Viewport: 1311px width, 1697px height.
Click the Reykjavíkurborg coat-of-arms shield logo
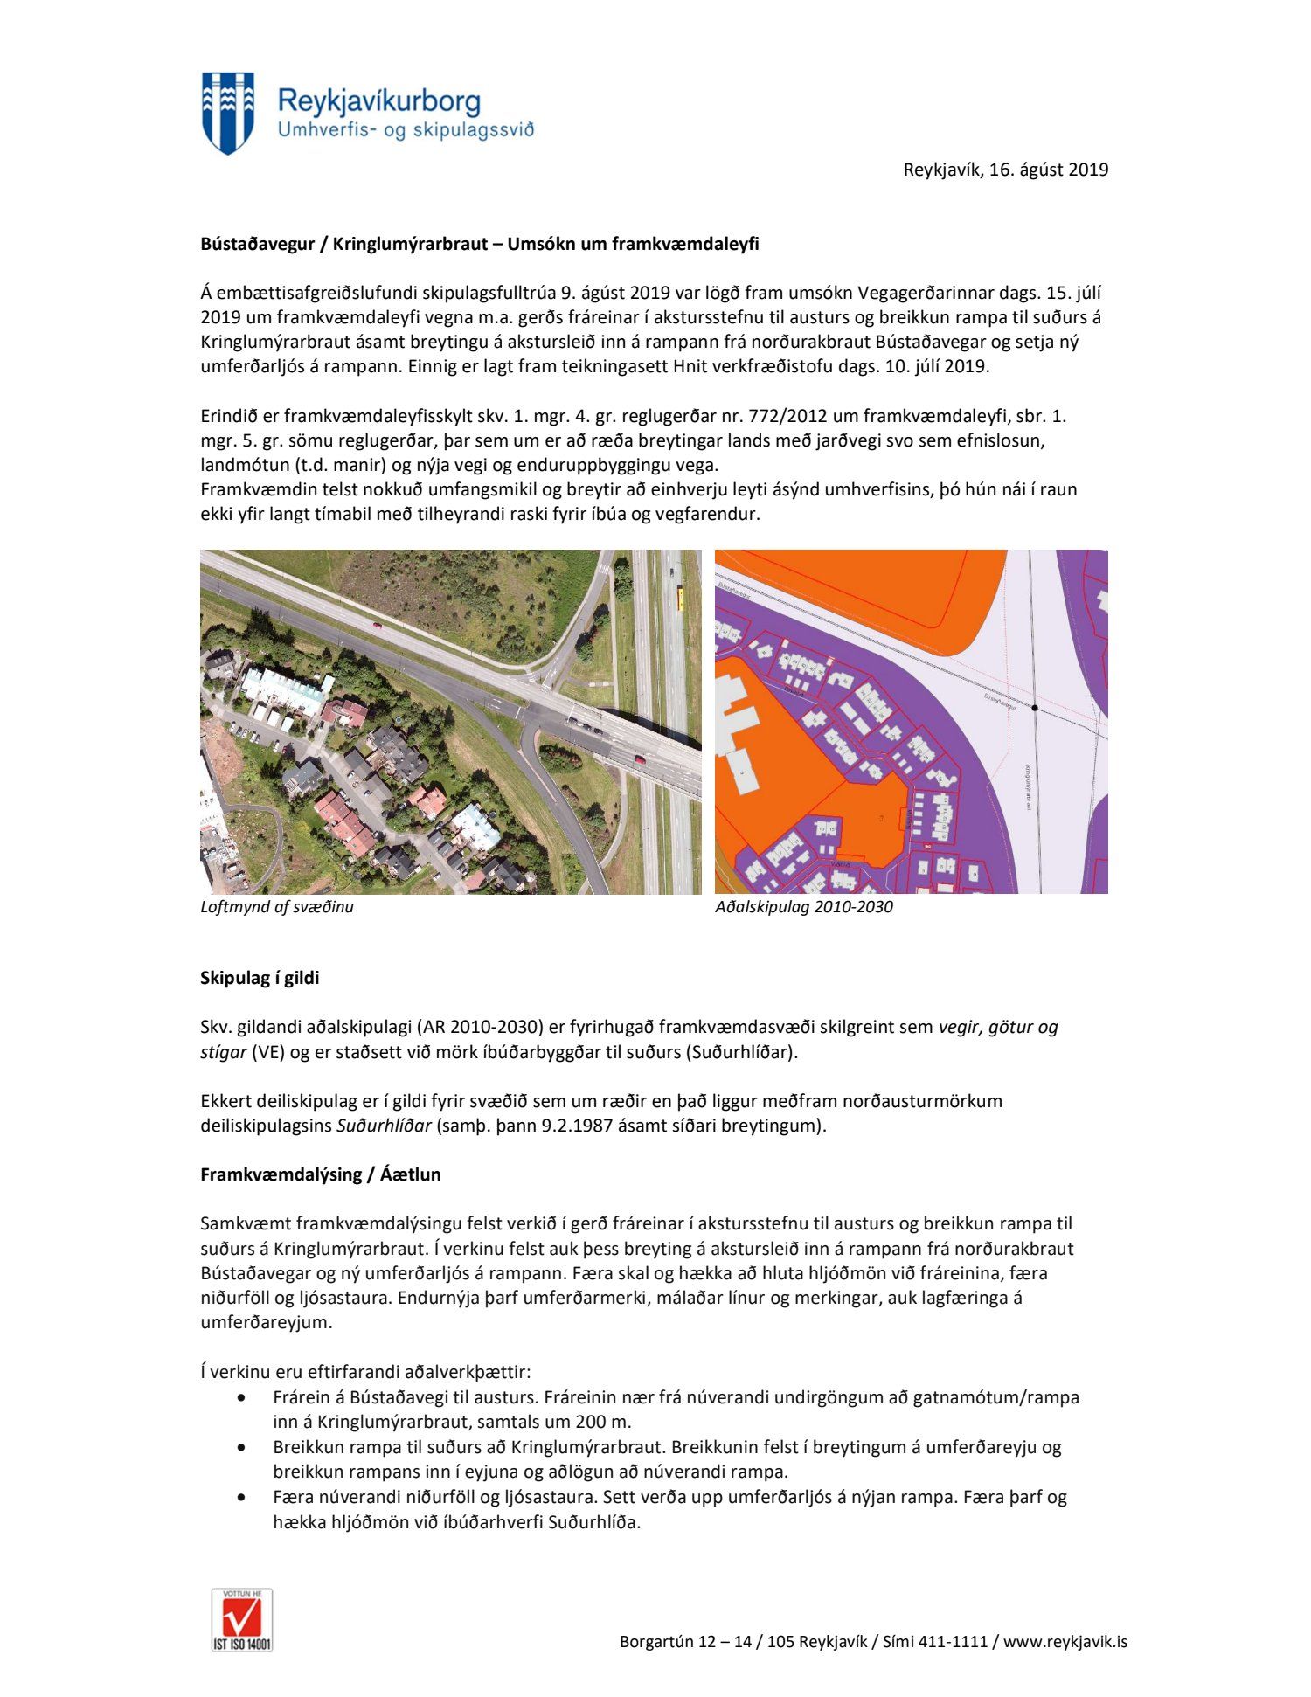[x=228, y=113]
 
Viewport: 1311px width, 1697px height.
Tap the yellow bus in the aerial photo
[x=680, y=598]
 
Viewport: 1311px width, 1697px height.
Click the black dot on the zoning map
[x=1035, y=708]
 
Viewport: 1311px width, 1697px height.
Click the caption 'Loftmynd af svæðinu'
[x=277, y=907]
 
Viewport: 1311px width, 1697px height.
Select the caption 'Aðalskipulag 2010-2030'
[x=804, y=907]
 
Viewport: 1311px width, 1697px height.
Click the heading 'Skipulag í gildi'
[x=260, y=978]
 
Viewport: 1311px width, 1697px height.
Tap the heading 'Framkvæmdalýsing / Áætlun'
[x=320, y=1174]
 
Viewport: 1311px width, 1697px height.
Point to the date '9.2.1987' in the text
[x=556, y=1126]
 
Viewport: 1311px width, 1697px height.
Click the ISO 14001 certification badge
[x=242, y=1619]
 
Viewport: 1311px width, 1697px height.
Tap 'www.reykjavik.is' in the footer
[x=1065, y=1642]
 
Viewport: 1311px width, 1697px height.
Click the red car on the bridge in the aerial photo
[x=639, y=759]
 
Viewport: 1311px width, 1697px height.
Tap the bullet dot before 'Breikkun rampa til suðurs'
[x=242, y=1447]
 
